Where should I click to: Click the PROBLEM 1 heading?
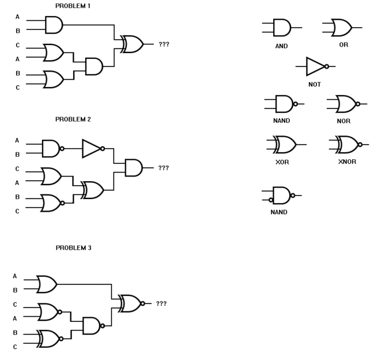coord(73,6)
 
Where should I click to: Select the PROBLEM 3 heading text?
coord(73,247)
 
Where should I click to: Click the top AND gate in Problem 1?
coord(53,25)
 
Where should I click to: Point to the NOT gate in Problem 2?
coord(92,148)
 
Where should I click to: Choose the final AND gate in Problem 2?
coord(133,168)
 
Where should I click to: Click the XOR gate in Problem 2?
coord(93,190)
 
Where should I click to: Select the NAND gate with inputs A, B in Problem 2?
coord(51,148)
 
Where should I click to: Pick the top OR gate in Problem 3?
coord(46,284)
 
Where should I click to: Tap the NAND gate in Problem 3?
coord(92,325)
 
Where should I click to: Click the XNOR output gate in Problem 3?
coord(130,303)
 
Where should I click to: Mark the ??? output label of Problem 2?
coord(164,168)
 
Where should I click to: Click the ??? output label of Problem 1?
coord(164,44)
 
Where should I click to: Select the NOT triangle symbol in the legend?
coord(316,66)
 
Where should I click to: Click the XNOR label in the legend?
coord(347,162)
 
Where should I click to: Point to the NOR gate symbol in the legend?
coord(346,104)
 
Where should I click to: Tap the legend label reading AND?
coord(281,46)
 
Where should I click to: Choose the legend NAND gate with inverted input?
coord(281,196)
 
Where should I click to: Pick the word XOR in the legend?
coord(282,162)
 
